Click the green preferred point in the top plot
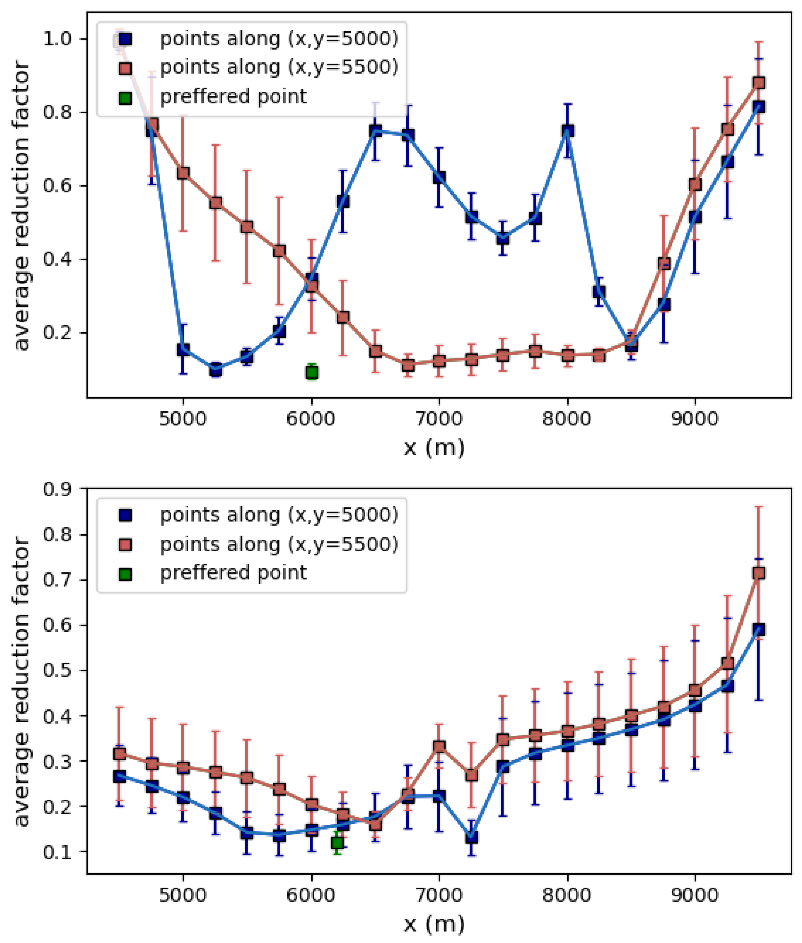coord(311,372)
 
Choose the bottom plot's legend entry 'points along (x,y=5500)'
coord(279,544)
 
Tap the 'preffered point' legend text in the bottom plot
coord(233,572)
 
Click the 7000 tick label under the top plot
coord(439,418)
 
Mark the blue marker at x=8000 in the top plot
coord(567,131)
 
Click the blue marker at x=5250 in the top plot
coord(216,370)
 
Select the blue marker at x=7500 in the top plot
coord(502,238)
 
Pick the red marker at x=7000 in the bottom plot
coord(439,746)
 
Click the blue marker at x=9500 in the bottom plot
coord(758,630)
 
